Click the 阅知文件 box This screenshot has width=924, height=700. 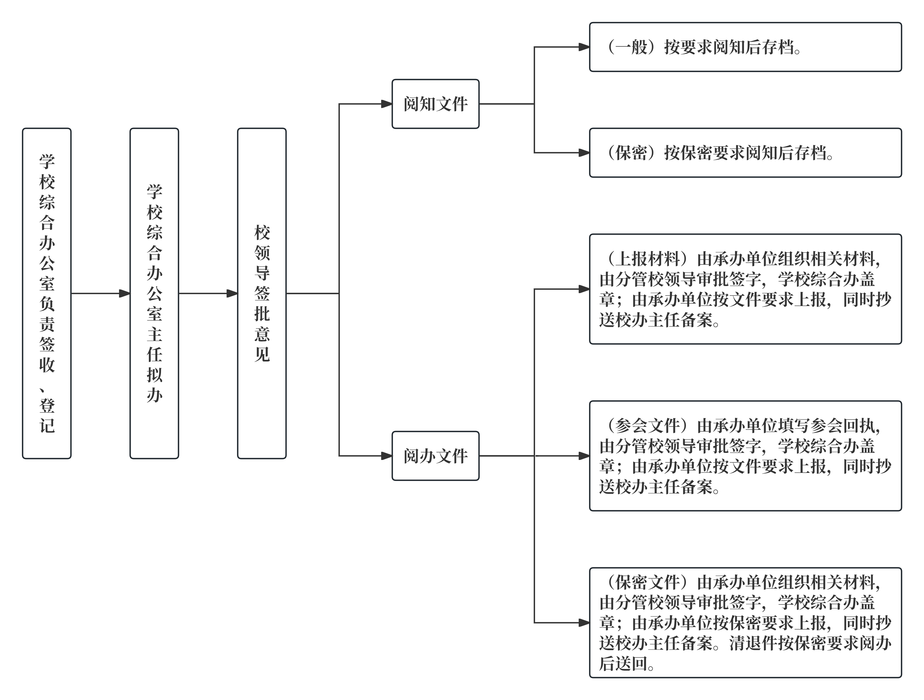click(435, 104)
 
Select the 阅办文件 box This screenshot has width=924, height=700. click(435, 456)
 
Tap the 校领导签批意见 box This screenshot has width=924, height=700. click(262, 293)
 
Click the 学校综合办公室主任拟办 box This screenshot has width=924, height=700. click(154, 293)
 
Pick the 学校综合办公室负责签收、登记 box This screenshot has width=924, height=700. click(47, 293)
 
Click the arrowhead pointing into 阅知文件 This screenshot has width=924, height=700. click(387, 104)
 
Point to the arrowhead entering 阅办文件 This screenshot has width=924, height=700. click(387, 456)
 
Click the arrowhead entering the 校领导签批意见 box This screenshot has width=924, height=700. click(232, 293)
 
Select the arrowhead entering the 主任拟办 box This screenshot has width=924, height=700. click(124, 293)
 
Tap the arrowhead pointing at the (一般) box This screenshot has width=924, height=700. click(584, 47)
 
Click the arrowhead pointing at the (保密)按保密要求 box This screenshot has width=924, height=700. click(584, 153)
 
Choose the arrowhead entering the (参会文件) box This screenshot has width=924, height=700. click(584, 456)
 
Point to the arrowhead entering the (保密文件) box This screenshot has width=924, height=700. click(584, 623)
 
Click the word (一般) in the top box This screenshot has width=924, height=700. click(631, 47)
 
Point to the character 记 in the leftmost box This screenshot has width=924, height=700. click(47, 426)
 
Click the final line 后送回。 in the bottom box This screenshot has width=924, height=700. click(627, 664)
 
